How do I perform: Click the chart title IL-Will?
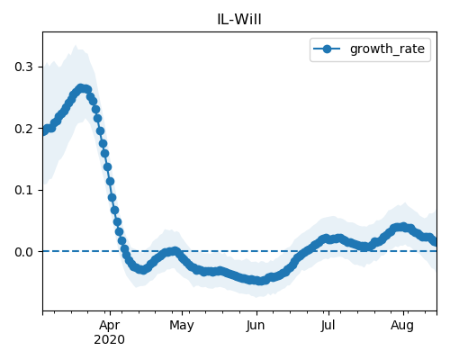239,20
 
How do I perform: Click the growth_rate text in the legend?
387,49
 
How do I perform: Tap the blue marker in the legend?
327,49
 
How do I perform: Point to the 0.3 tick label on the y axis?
23,67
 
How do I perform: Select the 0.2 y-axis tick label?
23,129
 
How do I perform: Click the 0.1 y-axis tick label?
23,190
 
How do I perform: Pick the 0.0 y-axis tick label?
23,252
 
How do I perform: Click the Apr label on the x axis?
110,326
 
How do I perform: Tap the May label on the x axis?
182,326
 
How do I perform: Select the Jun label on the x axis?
256,326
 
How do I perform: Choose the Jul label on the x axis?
328,326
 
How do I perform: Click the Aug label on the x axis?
402,326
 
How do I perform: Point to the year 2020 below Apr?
109,340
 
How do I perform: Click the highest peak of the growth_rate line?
81,88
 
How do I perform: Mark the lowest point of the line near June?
260,281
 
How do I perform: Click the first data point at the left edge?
43,131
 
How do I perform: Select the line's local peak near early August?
402,227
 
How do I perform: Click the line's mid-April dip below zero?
143,269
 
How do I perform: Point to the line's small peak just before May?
175,251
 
